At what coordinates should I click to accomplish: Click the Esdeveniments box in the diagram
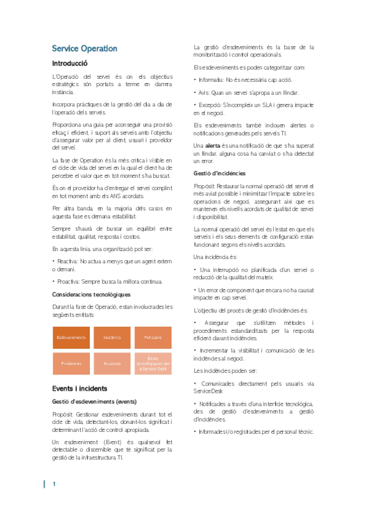point(71,337)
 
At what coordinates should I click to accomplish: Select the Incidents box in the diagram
point(112,337)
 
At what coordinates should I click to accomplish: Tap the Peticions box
point(153,337)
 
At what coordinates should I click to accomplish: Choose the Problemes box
point(71,363)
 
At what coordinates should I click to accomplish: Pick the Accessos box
point(112,363)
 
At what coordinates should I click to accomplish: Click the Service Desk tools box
point(153,363)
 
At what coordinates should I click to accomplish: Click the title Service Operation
point(84,49)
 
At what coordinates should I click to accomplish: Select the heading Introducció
point(70,64)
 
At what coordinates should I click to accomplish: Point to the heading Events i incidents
point(79,388)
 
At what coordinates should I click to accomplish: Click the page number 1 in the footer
point(54,484)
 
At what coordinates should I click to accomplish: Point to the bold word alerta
point(213,145)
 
